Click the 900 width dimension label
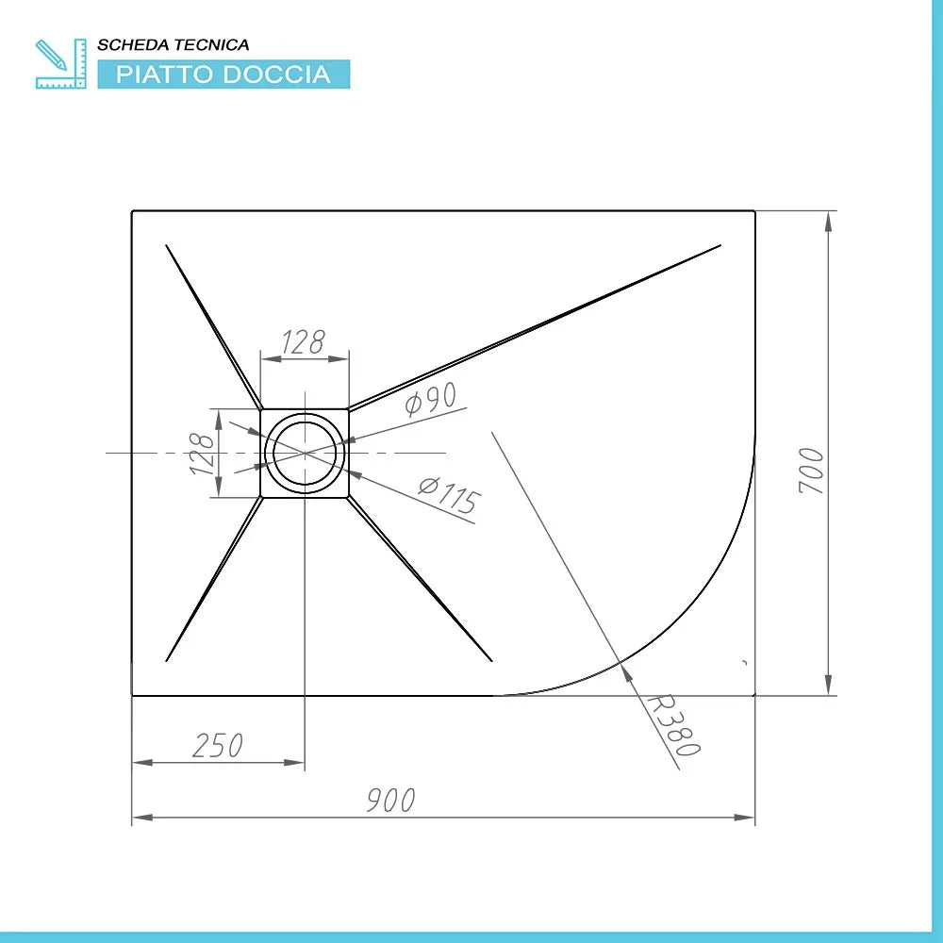[x=390, y=801]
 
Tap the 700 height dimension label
[x=812, y=471]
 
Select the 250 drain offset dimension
[x=217, y=745]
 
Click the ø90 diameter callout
[x=431, y=403]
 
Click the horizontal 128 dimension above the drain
[x=304, y=342]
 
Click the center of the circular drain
[x=305, y=454]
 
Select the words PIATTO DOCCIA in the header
[x=223, y=74]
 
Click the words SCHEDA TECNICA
[x=174, y=44]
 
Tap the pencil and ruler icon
[x=59, y=64]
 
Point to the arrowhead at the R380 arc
[x=624, y=668]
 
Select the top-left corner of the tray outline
[x=132, y=211]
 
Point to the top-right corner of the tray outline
[x=754, y=211]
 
